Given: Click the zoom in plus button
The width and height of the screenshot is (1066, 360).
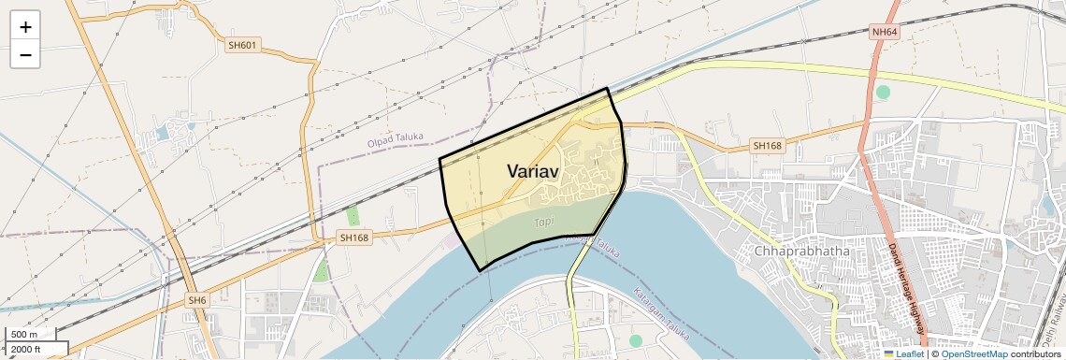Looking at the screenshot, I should click(x=25, y=26).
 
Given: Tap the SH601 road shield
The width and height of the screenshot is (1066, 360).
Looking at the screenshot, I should click(x=241, y=45).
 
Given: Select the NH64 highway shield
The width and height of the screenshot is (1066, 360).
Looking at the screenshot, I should click(x=884, y=32).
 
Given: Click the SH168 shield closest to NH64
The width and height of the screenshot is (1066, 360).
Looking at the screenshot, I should click(x=767, y=146).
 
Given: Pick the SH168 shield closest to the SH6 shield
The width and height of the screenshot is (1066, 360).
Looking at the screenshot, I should click(x=354, y=238).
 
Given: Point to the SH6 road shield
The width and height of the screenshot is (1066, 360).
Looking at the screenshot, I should click(x=196, y=300).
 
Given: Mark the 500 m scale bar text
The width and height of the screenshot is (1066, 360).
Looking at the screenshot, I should click(x=24, y=335).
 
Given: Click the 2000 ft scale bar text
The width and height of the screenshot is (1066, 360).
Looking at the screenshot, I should click(x=25, y=350).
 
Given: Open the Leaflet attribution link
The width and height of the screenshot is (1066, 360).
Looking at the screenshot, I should click(x=909, y=353).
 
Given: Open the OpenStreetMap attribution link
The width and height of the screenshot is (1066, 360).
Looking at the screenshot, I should click(x=974, y=353).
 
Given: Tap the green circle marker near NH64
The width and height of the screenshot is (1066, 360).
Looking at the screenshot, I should click(x=883, y=92).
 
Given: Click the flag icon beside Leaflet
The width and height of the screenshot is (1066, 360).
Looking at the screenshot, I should click(x=888, y=353).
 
